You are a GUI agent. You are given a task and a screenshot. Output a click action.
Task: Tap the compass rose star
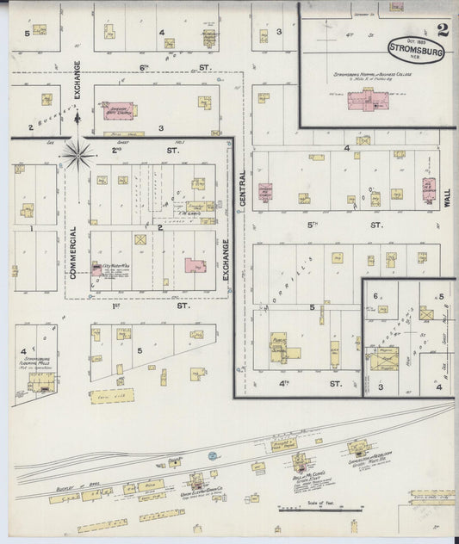[x=78, y=154]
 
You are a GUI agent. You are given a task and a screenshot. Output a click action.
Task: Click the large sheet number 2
[x=443, y=31]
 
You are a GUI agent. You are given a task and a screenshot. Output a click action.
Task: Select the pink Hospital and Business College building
[x=369, y=99]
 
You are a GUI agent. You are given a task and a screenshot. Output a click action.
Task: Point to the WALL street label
[x=447, y=200]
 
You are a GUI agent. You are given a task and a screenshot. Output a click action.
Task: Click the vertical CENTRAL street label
[x=243, y=188]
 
